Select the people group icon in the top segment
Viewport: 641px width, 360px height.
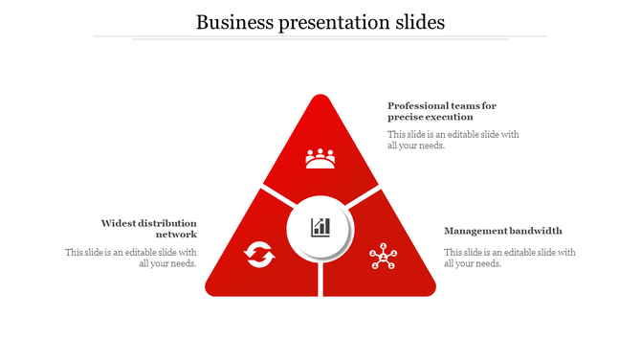tap(320, 158)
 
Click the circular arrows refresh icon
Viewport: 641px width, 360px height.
tap(259, 255)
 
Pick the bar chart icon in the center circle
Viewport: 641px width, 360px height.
tap(320, 227)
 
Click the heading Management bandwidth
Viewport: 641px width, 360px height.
tap(503, 231)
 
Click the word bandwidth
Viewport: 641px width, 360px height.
tap(535, 231)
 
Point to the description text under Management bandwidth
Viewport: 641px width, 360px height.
tap(509, 258)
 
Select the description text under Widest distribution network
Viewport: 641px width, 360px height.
tap(131, 258)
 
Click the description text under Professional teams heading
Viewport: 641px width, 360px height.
tap(453, 140)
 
